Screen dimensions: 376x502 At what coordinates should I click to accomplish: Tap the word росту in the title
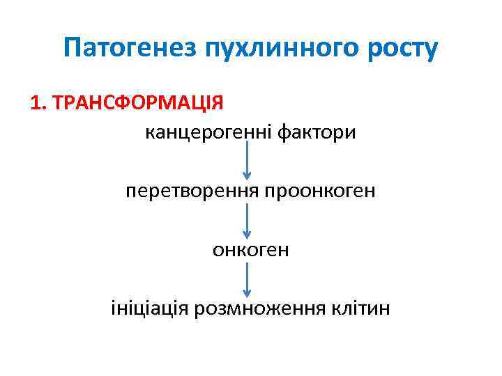[x=403, y=48]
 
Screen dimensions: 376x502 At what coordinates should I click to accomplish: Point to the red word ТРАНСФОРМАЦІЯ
[x=138, y=103]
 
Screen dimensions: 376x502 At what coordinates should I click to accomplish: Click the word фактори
[x=319, y=132]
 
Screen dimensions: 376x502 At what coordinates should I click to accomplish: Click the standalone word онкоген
[x=250, y=249]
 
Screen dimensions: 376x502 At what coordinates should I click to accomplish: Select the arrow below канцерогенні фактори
[x=246, y=159]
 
